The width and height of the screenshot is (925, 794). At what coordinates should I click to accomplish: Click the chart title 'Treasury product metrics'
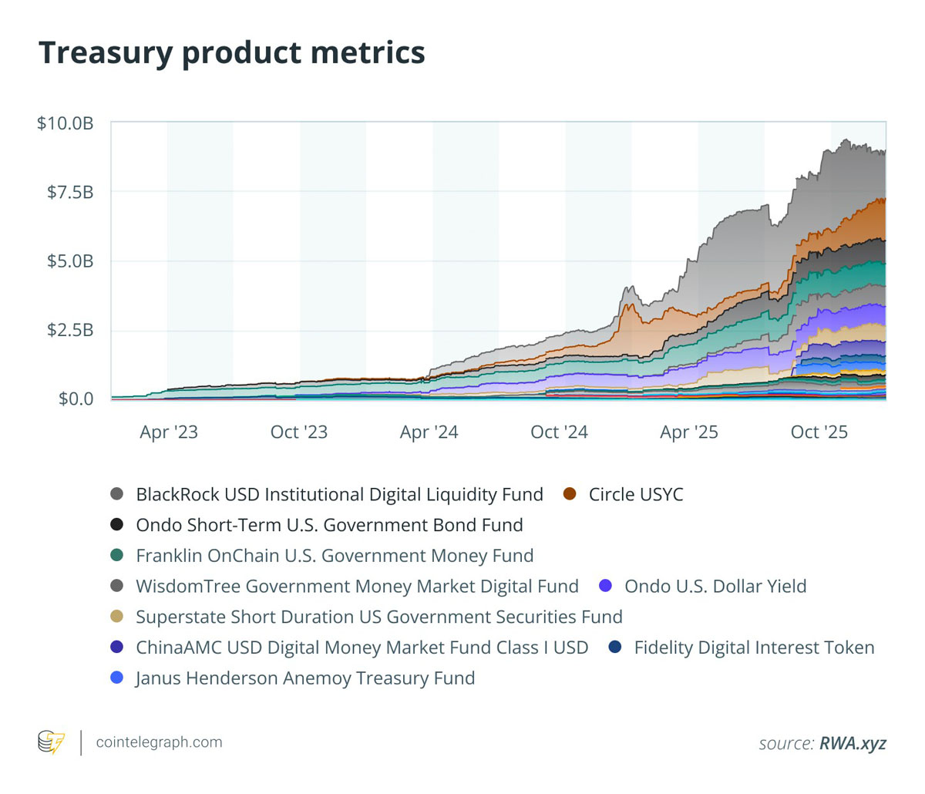pos(231,53)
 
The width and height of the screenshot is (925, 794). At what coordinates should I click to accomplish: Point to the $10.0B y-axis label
pos(66,123)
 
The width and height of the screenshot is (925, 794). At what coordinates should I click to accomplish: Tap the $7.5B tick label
pos(70,193)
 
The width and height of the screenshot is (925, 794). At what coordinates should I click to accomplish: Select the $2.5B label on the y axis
pos(70,330)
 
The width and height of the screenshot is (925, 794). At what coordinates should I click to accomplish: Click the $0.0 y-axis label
pos(76,399)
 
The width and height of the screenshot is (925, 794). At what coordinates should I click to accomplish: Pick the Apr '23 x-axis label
pos(169,432)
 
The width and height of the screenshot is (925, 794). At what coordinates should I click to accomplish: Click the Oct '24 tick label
pos(559,432)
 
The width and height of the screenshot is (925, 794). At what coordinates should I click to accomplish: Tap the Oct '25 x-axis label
pos(819,432)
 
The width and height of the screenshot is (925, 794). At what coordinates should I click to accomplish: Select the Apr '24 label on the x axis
pos(429,432)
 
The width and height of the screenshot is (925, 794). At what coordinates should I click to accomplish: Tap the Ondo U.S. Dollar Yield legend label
pos(715,587)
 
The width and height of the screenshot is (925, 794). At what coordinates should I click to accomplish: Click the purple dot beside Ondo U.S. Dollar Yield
pos(605,586)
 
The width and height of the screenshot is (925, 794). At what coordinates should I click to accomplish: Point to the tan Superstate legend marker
pos(117,616)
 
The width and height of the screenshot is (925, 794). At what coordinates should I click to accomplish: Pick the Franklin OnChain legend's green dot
pos(117,556)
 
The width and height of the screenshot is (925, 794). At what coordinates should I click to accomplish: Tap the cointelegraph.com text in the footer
pos(159,742)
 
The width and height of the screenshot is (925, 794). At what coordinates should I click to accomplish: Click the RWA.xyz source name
pos(853,743)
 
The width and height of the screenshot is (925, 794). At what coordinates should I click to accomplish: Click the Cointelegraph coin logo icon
pos(52,742)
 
